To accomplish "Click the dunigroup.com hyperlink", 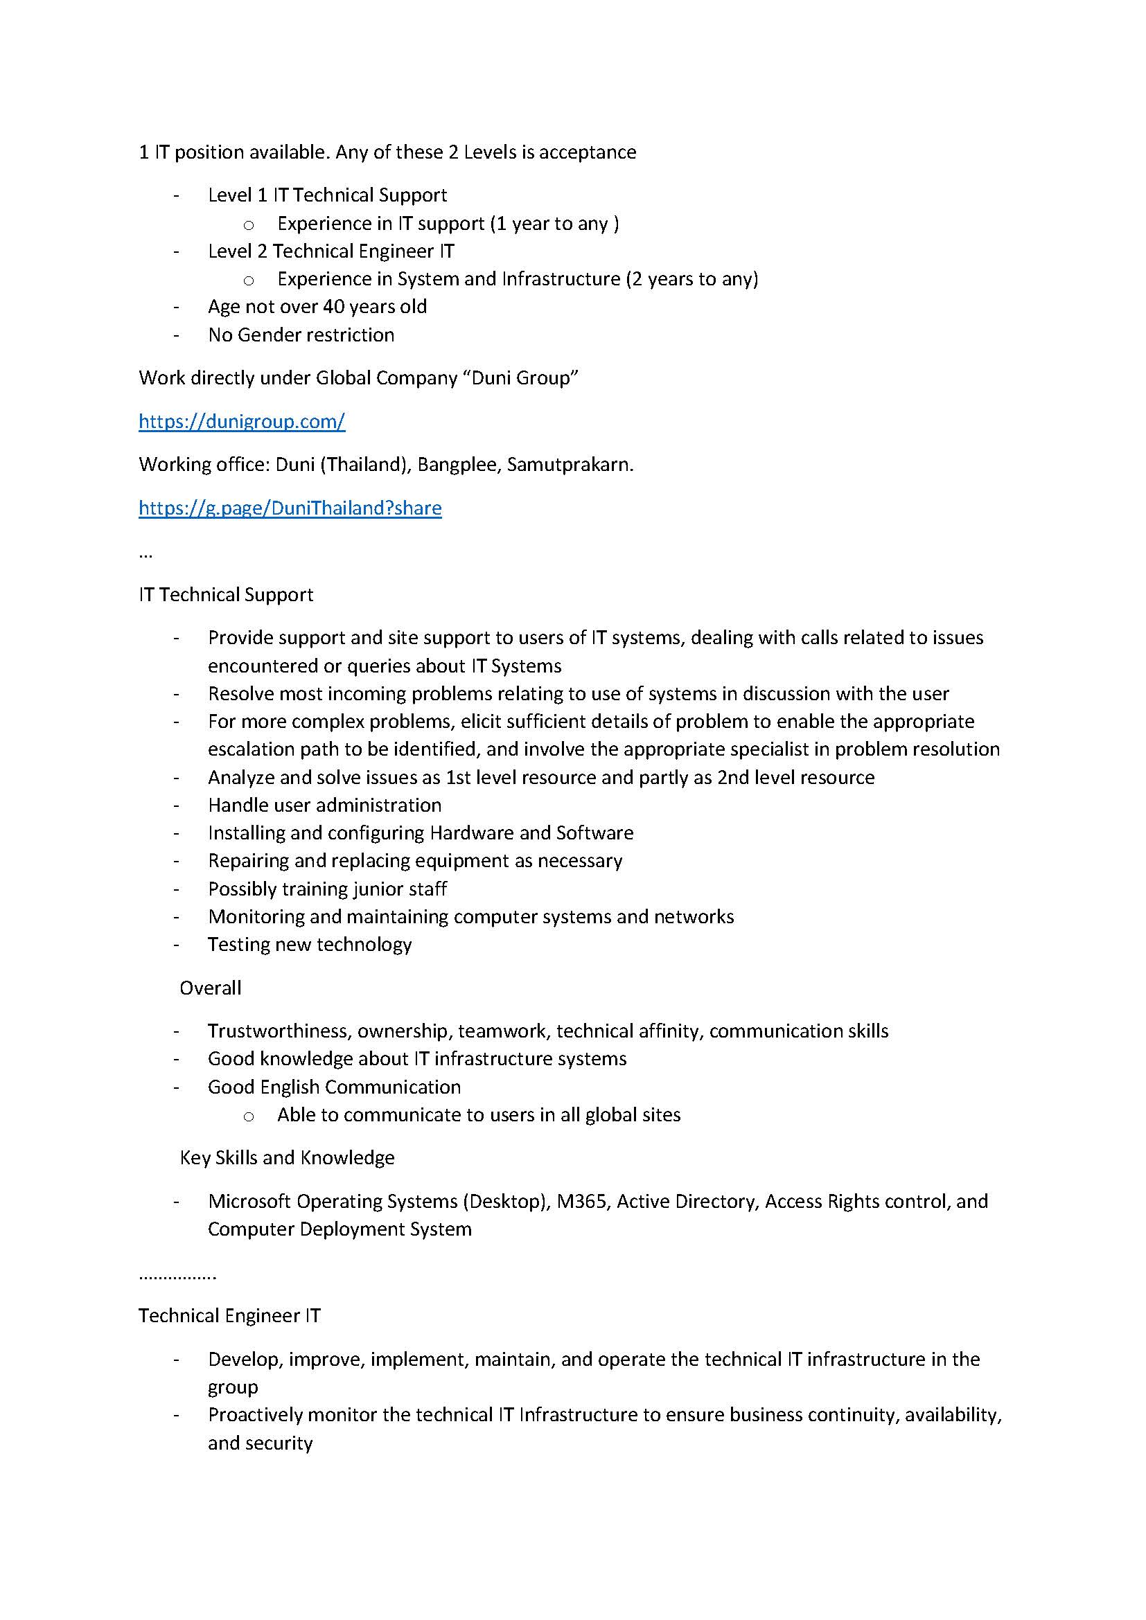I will coord(241,421).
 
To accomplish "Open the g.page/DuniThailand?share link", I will coord(290,508).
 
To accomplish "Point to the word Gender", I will coord(279,335).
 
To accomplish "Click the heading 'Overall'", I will coord(211,988).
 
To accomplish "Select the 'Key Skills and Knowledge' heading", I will coord(287,1158).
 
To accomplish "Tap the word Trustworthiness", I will coord(279,1031).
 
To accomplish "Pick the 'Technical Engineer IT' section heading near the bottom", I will coord(229,1316).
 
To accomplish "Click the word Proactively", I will coord(256,1416).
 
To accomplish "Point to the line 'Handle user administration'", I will coord(324,805).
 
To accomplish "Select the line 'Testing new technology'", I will coord(309,945).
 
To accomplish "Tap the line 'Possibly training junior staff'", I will coord(327,889).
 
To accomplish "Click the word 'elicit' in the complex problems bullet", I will coord(480,722).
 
